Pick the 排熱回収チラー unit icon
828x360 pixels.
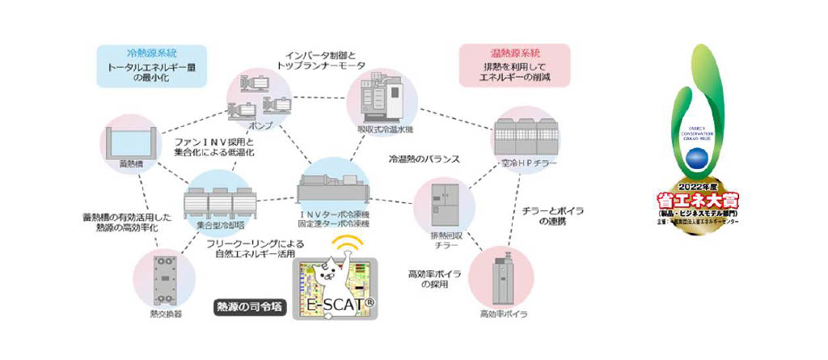[x=446, y=204]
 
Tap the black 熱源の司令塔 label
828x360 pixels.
[x=246, y=307]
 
